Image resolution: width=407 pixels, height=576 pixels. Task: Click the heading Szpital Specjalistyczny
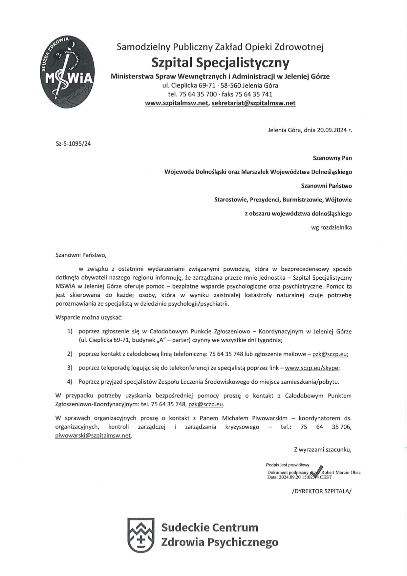[220, 62]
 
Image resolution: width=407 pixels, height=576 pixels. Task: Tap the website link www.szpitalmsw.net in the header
[177, 103]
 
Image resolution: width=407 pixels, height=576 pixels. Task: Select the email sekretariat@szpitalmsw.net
[253, 103]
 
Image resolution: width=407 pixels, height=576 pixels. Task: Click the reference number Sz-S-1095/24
[73, 143]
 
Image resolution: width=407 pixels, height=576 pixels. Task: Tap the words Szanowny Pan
[332, 158]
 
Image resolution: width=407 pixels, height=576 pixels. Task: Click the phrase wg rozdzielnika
[331, 227]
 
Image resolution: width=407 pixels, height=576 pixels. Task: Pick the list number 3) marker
[70, 368]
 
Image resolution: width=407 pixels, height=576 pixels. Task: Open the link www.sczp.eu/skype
[311, 368]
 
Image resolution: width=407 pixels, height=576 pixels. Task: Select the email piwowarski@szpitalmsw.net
[93, 436]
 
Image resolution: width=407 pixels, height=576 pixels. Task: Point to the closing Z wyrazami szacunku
[323, 450]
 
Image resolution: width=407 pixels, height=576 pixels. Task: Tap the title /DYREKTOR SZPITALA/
[321, 491]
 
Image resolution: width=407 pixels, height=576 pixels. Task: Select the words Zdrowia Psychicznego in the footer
[219, 542]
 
